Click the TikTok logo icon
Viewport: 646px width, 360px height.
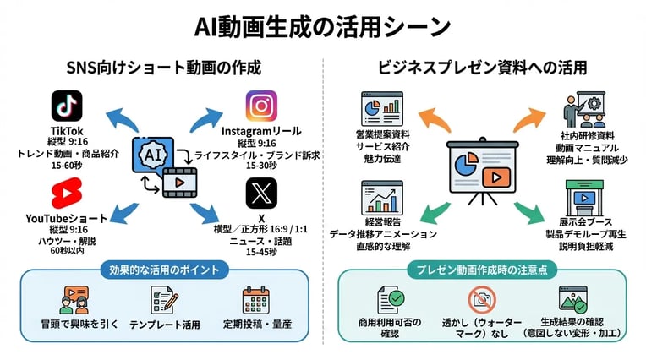click(67, 106)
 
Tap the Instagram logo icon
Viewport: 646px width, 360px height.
click(260, 106)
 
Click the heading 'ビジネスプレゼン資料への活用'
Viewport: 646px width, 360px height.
click(483, 66)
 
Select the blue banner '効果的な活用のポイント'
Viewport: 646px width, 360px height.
click(164, 270)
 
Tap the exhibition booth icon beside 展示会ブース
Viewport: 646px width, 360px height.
click(579, 196)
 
